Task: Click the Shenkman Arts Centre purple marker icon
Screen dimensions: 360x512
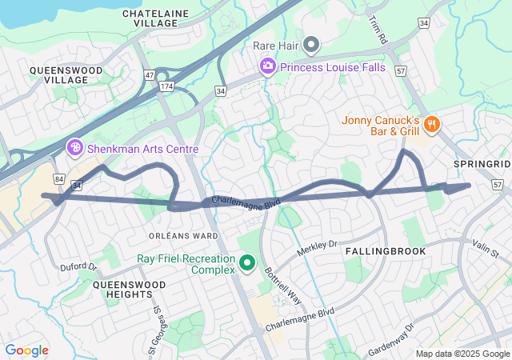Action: tap(75, 147)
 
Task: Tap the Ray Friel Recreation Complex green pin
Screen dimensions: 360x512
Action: tap(247, 262)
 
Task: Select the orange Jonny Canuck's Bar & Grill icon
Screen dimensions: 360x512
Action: tap(432, 122)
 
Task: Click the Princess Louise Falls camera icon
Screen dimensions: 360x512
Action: tap(268, 66)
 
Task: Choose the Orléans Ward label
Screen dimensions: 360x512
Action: tap(183, 236)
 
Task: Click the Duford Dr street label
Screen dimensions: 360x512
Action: tap(78, 266)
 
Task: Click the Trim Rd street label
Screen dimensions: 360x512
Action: tap(378, 30)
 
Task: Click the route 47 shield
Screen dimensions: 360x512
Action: tap(149, 74)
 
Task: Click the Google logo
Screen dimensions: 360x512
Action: tap(26, 350)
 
